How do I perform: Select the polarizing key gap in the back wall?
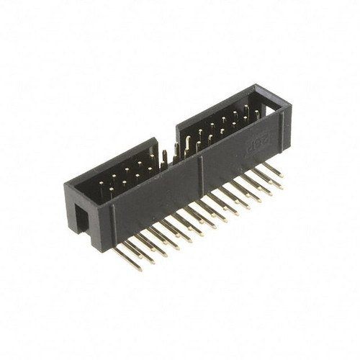click(167, 148)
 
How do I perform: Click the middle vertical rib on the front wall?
click(201, 173)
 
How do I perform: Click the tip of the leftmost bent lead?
click(136, 267)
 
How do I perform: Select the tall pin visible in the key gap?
click(165, 158)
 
